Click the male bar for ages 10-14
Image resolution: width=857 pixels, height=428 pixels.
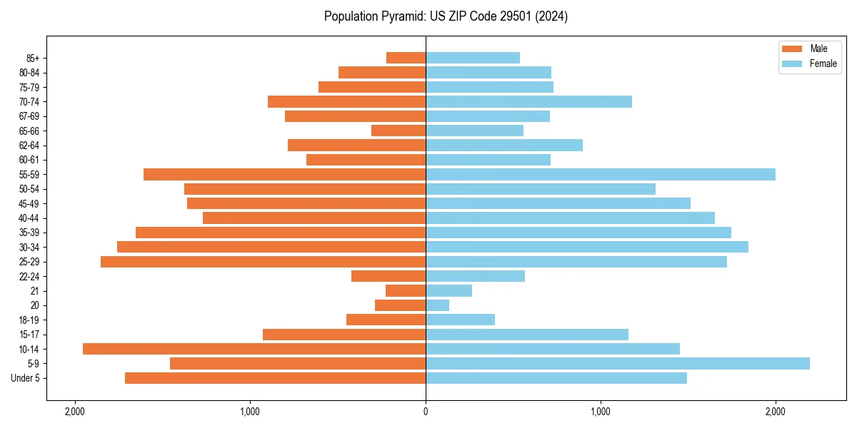tap(254, 349)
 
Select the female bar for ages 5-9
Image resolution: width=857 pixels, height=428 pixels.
tap(618, 364)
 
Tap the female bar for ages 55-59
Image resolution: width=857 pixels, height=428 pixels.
tap(600, 175)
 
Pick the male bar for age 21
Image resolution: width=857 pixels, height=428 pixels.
tap(406, 291)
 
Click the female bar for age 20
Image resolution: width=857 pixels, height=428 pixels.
tap(437, 305)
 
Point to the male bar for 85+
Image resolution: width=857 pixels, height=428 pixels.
tap(406, 58)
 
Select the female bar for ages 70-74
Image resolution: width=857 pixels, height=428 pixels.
tap(528, 102)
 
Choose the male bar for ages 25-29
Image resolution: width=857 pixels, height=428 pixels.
tap(263, 262)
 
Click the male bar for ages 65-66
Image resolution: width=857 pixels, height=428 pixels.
tap(399, 131)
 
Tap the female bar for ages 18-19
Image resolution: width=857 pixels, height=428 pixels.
tap(460, 320)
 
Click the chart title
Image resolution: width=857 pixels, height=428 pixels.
tap(446, 16)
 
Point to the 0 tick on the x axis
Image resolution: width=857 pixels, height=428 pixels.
tap(426, 412)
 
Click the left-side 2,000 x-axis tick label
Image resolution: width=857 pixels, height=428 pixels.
tap(74, 412)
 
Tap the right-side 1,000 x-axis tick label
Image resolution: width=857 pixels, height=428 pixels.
tap(601, 412)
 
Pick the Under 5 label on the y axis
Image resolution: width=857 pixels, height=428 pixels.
tap(26, 378)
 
